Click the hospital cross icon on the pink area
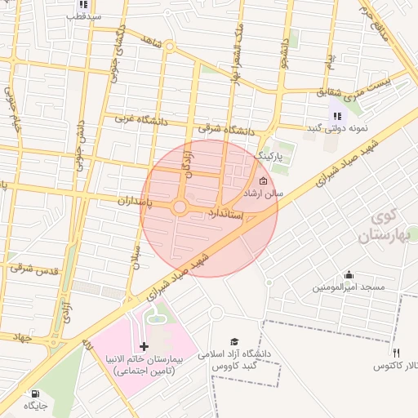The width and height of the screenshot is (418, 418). (x=145, y=347)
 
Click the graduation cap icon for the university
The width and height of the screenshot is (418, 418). (x=234, y=342)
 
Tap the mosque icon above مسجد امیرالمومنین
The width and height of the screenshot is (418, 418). (x=349, y=275)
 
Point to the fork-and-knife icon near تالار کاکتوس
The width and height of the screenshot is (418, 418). (x=396, y=354)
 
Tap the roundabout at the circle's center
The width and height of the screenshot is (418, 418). (x=180, y=207)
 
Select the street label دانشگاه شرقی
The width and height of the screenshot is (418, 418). (x=226, y=129)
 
